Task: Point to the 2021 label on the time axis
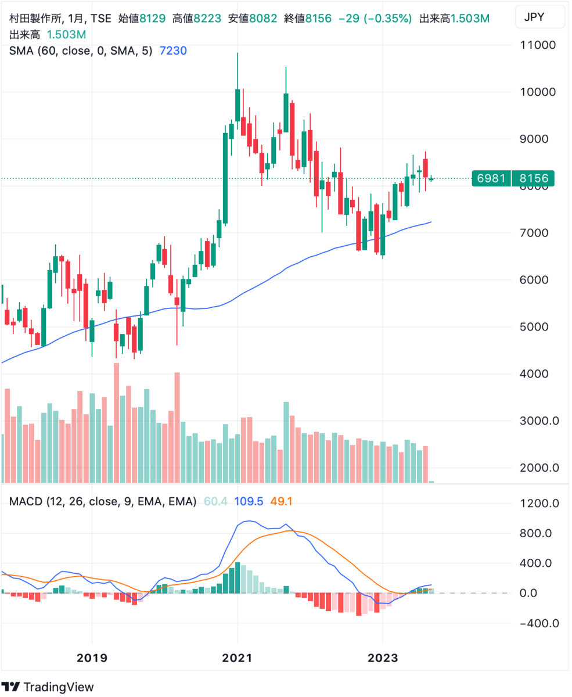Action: pos(237,659)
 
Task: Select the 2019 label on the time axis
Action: pos(92,659)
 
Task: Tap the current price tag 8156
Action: pos(533,178)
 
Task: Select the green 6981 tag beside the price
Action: pos(491,178)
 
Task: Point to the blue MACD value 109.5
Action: pos(249,501)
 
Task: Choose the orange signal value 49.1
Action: pos(280,501)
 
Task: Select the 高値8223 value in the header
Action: pos(197,19)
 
